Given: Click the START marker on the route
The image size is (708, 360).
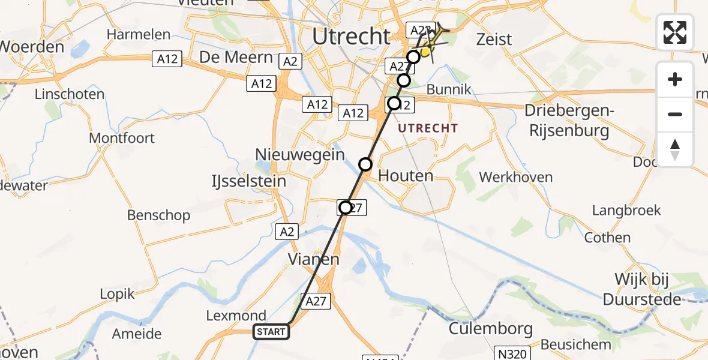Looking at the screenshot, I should [x=272, y=332].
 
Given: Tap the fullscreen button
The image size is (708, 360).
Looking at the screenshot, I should [x=675, y=32].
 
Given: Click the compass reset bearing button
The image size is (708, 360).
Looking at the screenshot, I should [x=675, y=149].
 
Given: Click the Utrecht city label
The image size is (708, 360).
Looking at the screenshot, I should [x=352, y=37].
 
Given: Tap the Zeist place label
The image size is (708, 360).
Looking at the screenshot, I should [x=494, y=40].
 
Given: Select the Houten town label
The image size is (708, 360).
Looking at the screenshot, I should [x=406, y=176].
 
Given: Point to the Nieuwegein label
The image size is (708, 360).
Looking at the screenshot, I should [x=300, y=154].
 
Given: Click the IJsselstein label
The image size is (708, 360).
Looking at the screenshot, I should [x=249, y=181].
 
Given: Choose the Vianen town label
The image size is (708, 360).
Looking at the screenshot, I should [x=314, y=260].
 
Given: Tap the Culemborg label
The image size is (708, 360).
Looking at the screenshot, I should [x=491, y=329].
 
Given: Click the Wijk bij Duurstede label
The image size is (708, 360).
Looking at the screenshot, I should [x=647, y=289].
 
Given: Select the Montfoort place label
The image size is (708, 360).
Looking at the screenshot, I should [x=122, y=138].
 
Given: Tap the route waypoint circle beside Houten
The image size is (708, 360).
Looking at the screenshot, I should [x=365, y=164].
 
